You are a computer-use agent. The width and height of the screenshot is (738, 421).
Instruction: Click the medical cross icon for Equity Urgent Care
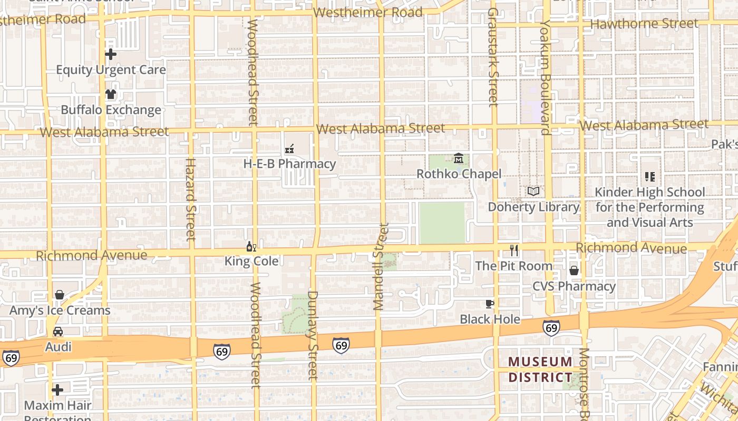111,54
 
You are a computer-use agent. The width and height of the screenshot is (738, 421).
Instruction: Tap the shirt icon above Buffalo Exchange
111,95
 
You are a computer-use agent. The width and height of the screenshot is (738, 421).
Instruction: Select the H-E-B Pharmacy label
289,164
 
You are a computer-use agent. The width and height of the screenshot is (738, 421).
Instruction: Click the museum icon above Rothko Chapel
459,158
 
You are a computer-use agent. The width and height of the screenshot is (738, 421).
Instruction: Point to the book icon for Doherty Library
533,192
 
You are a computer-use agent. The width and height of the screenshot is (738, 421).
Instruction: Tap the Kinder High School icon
649,177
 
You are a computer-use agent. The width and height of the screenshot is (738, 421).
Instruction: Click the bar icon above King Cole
251,246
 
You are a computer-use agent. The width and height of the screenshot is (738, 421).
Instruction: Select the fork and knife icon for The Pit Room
514,250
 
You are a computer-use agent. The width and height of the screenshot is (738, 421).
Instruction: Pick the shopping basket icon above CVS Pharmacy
574,270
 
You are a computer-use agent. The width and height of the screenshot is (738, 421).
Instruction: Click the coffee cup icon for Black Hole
490,304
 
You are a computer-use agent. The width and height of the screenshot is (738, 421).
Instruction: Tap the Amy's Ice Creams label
60,310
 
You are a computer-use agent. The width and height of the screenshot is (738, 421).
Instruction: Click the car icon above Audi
58,332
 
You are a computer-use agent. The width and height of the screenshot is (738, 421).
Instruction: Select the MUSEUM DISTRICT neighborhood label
540,369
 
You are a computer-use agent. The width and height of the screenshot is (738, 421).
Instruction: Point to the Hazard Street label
190,199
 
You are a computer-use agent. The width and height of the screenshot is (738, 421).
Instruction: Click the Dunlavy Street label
313,335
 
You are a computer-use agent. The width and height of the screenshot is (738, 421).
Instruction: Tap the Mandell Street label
381,266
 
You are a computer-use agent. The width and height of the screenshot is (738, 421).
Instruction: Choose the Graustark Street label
493,57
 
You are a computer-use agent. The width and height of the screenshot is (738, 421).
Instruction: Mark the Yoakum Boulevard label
545,77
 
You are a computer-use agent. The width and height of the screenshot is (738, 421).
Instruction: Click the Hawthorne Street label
644,24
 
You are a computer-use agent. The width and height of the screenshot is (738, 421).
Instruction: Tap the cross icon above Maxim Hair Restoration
57,390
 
